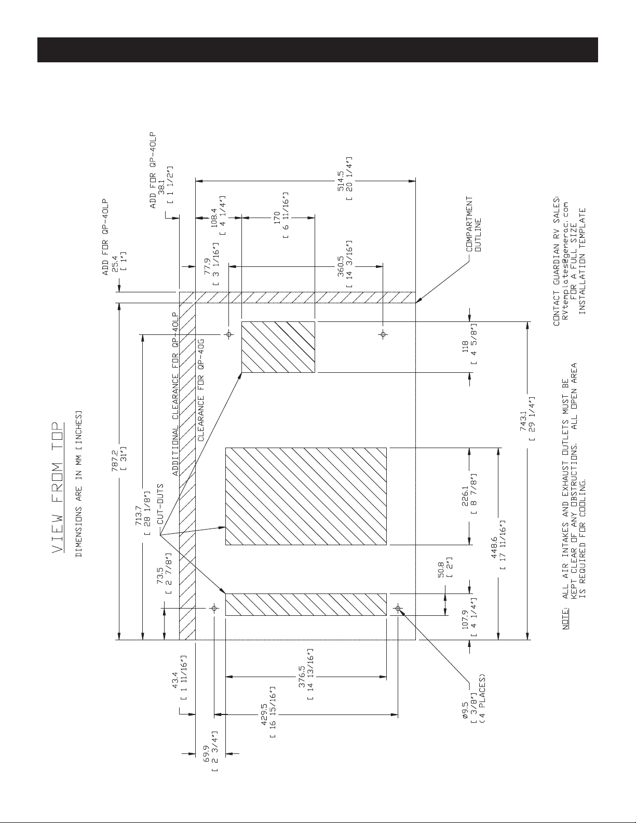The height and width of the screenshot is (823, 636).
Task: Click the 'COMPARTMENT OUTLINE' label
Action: tap(473, 223)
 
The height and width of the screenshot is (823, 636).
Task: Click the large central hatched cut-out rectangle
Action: tap(306, 495)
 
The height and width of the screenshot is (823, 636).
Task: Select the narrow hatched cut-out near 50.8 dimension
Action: tap(306, 604)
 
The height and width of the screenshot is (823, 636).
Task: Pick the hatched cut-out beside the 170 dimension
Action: tap(278, 347)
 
